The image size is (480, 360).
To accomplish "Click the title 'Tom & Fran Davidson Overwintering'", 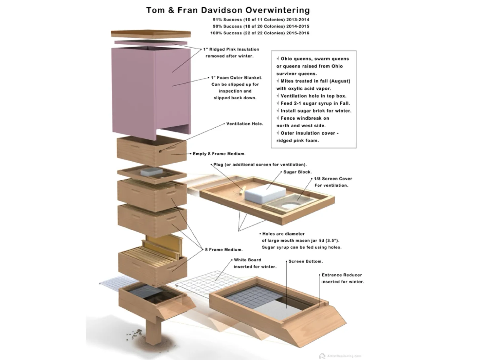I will pos(228,10).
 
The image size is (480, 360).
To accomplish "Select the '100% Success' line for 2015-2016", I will pos(260,33).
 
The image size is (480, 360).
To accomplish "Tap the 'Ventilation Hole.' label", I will pos(245,124).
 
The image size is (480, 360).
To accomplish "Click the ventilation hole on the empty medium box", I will pos(160,151).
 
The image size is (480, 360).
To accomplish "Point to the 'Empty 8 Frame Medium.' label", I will pos(219,154).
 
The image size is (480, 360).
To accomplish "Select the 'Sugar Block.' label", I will pos(297,172).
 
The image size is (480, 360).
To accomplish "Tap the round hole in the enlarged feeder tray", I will pos(290,206).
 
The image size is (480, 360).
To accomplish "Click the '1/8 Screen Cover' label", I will pos(333,179).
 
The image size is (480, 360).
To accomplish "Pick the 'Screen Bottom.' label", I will pos(305,261).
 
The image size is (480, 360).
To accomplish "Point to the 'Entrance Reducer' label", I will pos(341,275).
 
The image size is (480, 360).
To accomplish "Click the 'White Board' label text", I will pos(247,260).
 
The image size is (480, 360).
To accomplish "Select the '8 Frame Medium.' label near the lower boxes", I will pos(223,250).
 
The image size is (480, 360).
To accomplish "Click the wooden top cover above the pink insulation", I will pos(151,34).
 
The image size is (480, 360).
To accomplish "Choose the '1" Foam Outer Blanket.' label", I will pos(236,78).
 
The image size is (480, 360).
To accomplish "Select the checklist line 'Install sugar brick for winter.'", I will pos(316,111).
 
